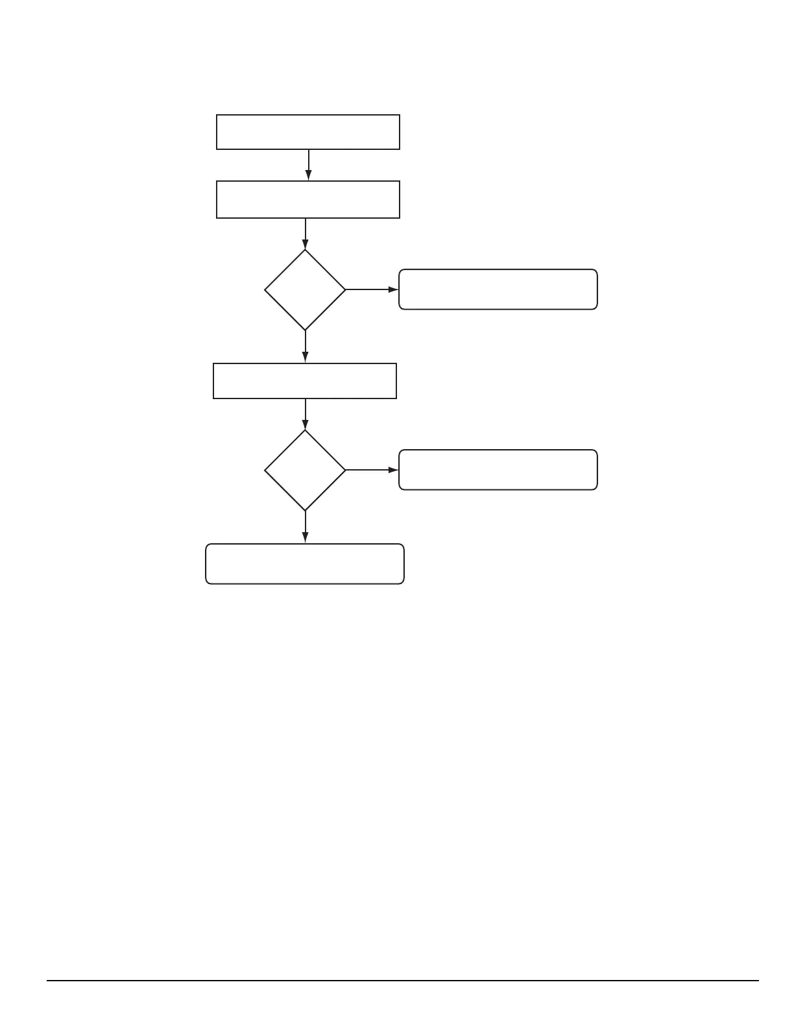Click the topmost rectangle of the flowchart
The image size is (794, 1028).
tap(307, 132)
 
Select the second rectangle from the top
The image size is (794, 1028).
tap(307, 199)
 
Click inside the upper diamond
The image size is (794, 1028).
tap(305, 289)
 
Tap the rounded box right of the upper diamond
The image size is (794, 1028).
tap(498, 289)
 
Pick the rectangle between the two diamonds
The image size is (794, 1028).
tap(305, 381)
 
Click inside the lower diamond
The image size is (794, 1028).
tap(305, 470)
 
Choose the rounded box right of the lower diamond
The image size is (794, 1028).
tap(498, 469)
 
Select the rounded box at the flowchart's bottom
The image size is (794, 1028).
tap(305, 564)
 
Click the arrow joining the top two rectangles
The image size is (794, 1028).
tap(308, 165)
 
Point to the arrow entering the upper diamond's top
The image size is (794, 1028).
tap(305, 234)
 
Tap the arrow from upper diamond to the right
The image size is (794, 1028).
tap(372, 289)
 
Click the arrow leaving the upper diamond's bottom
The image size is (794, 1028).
tap(305, 347)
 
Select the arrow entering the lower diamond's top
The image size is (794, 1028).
tap(305, 414)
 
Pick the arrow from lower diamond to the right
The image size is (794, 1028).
tap(372, 470)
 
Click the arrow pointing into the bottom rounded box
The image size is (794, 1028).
tap(305, 527)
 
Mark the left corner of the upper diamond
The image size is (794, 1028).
tap(265, 289)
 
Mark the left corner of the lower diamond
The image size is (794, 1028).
tap(265, 470)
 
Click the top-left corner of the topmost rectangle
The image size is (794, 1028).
tap(217, 116)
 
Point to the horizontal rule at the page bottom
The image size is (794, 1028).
tap(402, 981)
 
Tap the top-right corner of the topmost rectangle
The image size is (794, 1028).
tap(400, 116)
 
